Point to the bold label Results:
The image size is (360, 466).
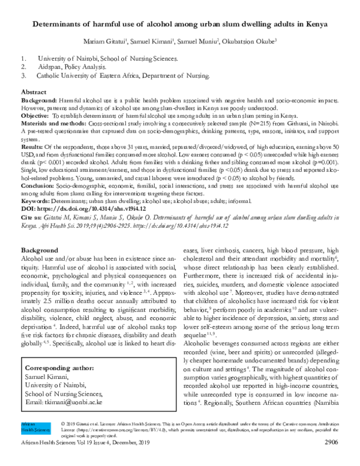click(x=32, y=147)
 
